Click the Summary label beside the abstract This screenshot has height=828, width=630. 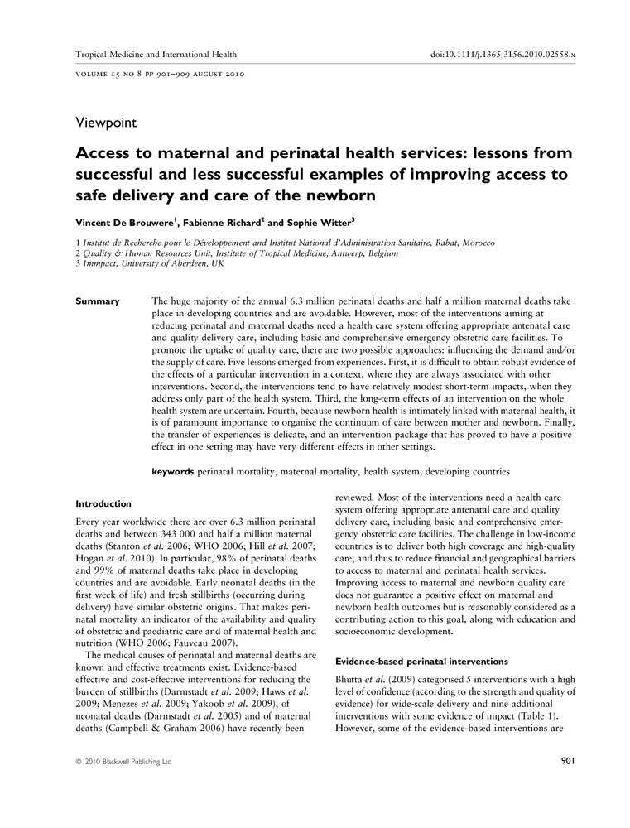(x=98, y=301)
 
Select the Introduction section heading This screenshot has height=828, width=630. (x=103, y=503)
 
